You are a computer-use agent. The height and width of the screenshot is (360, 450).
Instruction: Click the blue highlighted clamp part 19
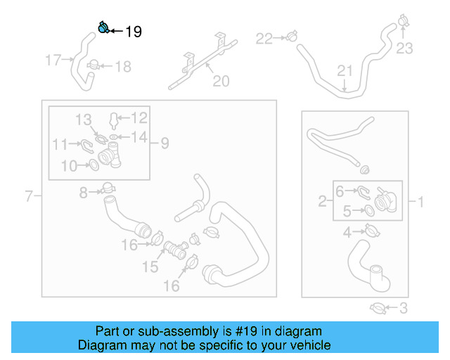[x=103, y=27]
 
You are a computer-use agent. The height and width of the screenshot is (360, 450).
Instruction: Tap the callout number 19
[x=133, y=32]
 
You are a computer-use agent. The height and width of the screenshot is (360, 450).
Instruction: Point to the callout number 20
[x=221, y=82]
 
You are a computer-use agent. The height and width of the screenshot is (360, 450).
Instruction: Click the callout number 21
[x=344, y=71]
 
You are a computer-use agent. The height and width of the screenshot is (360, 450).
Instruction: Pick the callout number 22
[x=263, y=39]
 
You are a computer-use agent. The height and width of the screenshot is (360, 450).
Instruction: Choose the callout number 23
[x=404, y=49]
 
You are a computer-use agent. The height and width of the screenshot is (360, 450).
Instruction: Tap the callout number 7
[x=29, y=196]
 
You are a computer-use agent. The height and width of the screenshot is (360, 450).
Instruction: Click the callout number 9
[x=164, y=143]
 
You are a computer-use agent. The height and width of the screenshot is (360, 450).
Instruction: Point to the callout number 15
[x=151, y=267]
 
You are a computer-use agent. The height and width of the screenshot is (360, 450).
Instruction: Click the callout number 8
[x=84, y=192]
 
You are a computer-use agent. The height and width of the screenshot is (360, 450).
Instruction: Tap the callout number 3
[x=403, y=307]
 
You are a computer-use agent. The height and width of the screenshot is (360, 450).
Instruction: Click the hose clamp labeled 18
[x=92, y=65]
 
